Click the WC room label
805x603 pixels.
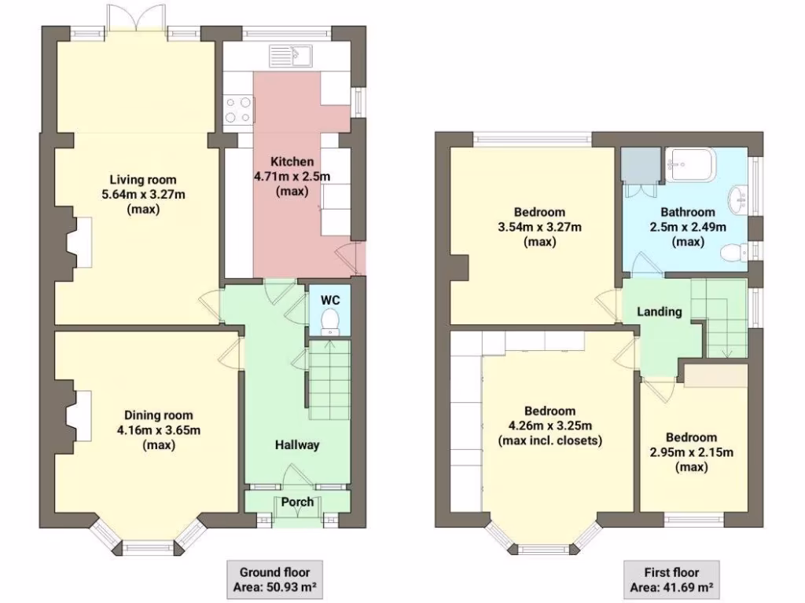(331, 300)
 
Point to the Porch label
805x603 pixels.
(297, 502)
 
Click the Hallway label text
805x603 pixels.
(297, 445)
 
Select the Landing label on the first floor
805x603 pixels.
(659, 312)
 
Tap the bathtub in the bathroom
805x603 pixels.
(688, 163)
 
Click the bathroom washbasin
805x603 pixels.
(739, 199)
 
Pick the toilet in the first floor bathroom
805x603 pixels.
(733, 252)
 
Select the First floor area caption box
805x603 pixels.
(671, 579)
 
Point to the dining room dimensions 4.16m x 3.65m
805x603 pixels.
(158, 429)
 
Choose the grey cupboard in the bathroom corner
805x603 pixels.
(639, 164)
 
